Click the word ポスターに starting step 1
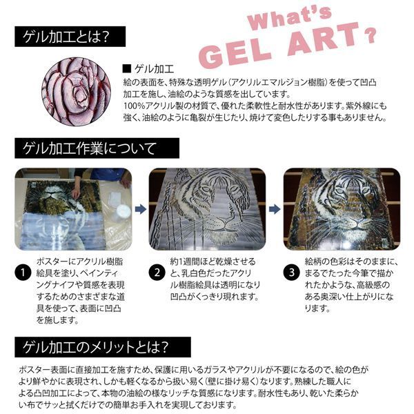coord(52,262)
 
